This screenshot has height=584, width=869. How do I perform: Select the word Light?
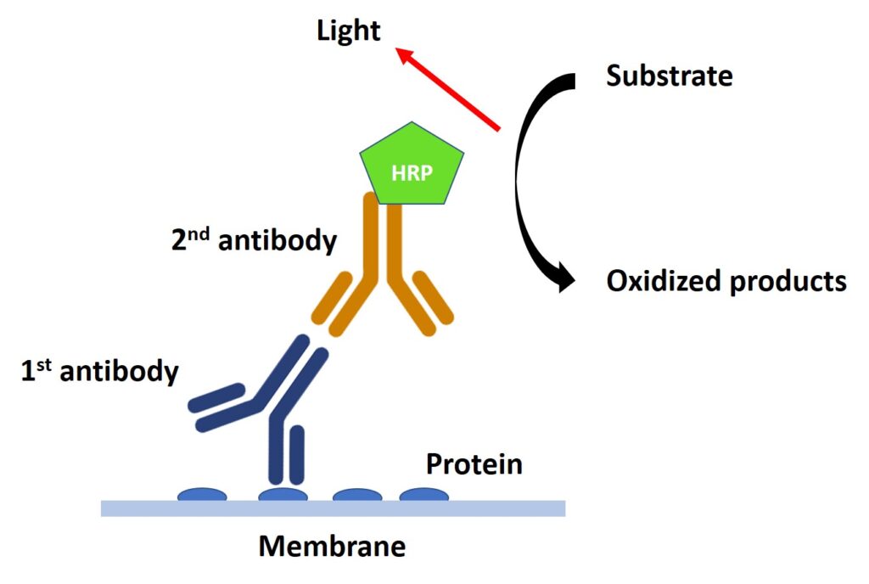[x=349, y=31]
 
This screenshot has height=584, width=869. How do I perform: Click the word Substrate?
[x=669, y=76]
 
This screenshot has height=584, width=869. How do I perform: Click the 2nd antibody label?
[x=254, y=240]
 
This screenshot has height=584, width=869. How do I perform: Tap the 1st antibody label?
[x=100, y=371]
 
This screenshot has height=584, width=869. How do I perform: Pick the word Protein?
[x=474, y=464]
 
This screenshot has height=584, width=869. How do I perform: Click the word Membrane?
[x=332, y=545]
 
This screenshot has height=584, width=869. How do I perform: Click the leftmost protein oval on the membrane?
[x=202, y=494]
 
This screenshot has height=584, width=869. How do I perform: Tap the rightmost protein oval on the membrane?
[x=424, y=494]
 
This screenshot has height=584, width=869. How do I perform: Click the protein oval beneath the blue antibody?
[x=283, y=494]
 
